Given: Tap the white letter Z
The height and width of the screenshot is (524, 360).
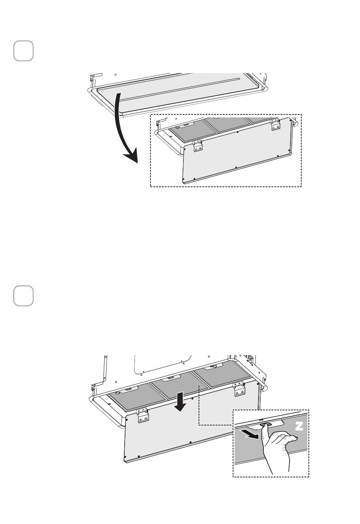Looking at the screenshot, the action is tap(299, 426).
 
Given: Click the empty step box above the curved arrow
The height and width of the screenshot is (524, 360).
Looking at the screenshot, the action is tap(23, 51).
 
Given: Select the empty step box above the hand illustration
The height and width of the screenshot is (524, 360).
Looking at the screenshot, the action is tap(23, 296).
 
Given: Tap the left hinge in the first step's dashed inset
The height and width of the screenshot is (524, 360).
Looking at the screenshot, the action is tap(198, 146).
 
